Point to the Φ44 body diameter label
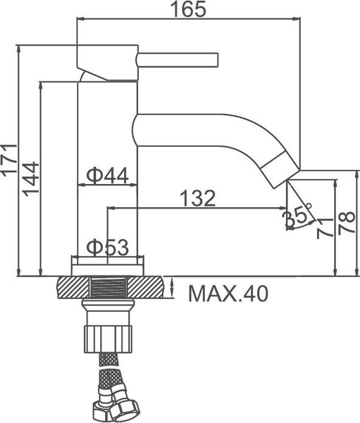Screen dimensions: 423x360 click(x=107, y=175)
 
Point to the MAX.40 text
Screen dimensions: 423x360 click(x=228, y=293)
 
